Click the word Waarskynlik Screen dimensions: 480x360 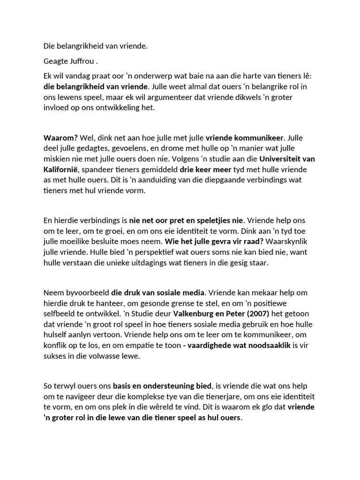pyautogui.click(x=295, y=241)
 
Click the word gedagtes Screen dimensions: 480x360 pyautogui.click(x=99, y=149)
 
